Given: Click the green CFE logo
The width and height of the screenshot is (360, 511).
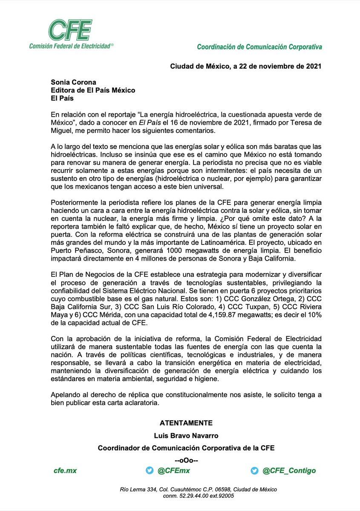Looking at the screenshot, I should (x=70, y=30).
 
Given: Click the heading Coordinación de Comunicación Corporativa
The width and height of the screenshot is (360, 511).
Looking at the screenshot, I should (x=259, y=47).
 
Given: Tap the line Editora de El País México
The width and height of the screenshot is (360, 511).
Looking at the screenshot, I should (x=93, y=90).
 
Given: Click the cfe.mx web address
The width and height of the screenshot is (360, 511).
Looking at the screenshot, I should (x=65, y=470).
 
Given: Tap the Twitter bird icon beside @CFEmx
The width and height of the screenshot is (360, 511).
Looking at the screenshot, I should (x=149, y=470).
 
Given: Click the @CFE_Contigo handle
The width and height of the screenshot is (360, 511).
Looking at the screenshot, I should (x=289, y=470).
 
